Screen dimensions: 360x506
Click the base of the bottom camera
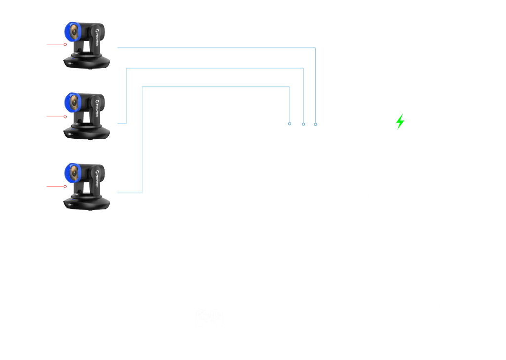tap(87, 202)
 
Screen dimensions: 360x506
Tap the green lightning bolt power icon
tap(400, 121)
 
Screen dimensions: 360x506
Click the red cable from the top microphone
tap(55, 45)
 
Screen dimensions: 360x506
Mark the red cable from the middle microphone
tap(55, 117)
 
